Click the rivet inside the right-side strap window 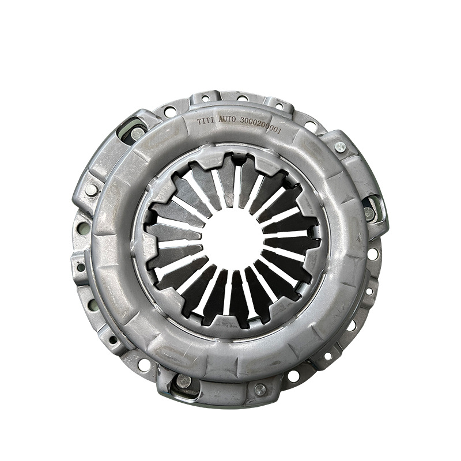[x=369, y=213]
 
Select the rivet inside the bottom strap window [x=183, y=380]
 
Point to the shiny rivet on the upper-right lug [x=340, y=146]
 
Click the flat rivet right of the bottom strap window [x=260, y=389]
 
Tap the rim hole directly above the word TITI [x=205, y=99]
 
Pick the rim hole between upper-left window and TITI [x=170, y=111]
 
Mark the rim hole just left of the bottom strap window [x=144, y=365]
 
